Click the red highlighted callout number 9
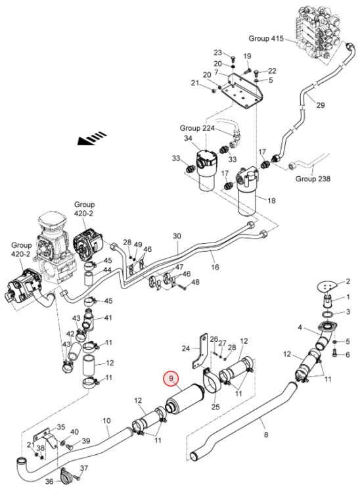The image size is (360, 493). coord(171,378)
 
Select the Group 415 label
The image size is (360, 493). coord(266,38)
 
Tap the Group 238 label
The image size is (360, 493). coord(313,179)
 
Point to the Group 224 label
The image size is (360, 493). coord(197,128)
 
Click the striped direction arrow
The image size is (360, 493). coord(92,138)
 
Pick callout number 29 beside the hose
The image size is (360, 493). coord(321,105)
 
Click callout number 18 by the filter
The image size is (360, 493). coord(271,200)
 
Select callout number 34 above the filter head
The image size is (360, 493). coord(188,138)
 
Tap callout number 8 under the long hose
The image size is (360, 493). coord(267,435)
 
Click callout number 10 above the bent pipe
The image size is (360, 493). coord(107,421)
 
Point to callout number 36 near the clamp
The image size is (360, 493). coord(50,481)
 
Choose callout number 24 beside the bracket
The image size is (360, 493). coord(186,348)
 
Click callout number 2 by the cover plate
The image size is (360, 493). coord(348,281)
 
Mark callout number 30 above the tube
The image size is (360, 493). coord(177,236)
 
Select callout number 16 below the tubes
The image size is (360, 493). coord(215,267)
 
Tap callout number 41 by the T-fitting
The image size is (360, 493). coord(108,317)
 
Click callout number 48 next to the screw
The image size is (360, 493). coord(195,282)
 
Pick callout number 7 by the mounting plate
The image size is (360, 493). coord(216,72)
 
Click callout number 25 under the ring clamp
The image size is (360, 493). coord(215,407)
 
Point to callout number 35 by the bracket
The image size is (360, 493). coord(61,427)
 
